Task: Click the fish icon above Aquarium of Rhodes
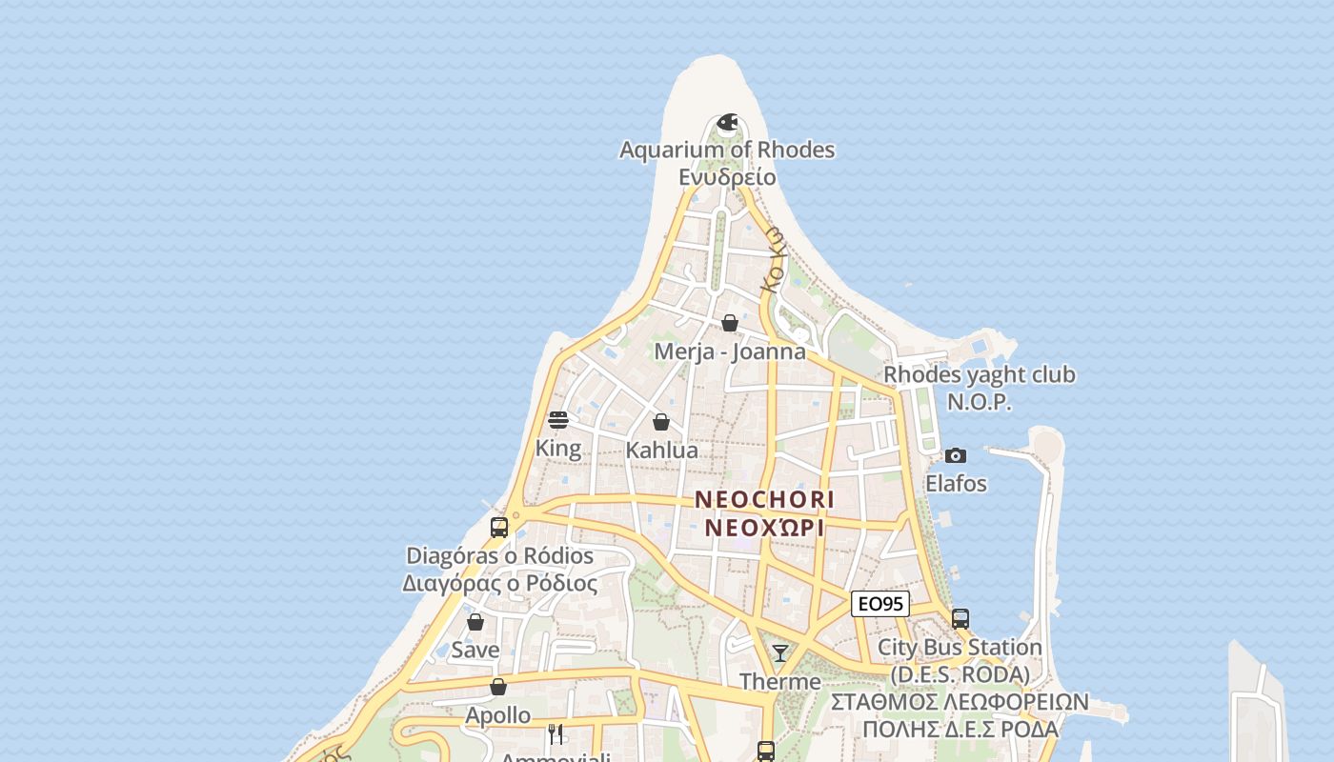[x=727, y=122]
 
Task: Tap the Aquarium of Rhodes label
[x=727, y=150]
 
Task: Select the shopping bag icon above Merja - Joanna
[x=730, y=324]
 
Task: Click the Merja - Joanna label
[x=730, y=351]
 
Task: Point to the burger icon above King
[x=558, y=420]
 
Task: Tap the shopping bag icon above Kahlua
[x=661, y=422]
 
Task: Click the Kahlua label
[x=661, y=450]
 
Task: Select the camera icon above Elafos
[x=956, y=456]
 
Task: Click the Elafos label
[x=956, y=484]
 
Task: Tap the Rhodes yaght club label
[x=979, y=374]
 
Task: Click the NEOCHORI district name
[x=764, y=499]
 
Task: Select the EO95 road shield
[x=879, y=604]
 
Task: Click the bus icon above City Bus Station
[x=960, y=619]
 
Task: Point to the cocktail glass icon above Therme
[x=780, y=653]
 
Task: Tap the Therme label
[x=780, y=682]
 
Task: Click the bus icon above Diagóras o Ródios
[x=499, y=528]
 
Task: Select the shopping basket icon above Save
[x=475, y=622]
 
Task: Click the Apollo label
[x=498, y=714]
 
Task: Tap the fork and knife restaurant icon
[x=556, y=733]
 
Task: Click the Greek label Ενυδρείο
[x=727, y=177]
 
